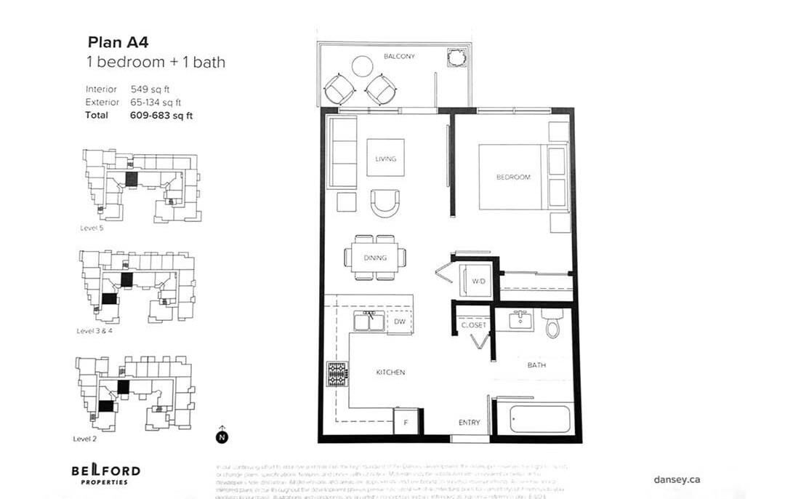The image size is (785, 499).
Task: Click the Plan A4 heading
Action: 118,42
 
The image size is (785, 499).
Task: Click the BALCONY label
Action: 399,56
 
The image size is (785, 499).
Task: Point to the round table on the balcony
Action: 362,66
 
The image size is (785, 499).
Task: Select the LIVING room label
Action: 385,159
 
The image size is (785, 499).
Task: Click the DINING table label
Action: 376,258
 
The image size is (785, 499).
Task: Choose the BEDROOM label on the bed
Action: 513,177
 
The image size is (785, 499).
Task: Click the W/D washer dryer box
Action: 478,281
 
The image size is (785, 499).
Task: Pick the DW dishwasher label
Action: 399,322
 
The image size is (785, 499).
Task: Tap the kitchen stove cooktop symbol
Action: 337,374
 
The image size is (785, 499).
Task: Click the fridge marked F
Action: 406,421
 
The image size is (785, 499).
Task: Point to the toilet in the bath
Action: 552,324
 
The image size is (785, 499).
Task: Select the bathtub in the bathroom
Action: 539,418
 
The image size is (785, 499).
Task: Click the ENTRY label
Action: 469,423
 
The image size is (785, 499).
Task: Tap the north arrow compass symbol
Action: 221,436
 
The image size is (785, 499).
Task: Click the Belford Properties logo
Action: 105,474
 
